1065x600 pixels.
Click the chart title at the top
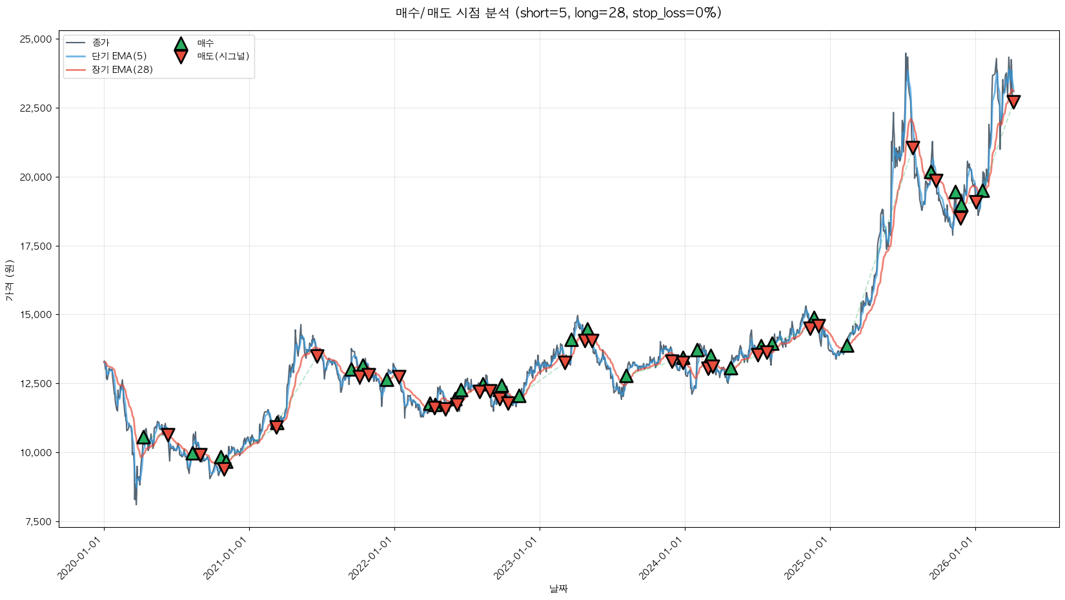pyautogui.click(x=558, y=13)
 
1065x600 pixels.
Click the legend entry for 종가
pyautogui.click(x=101, y=43)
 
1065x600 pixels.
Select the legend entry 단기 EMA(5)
pyautogui.click(x=119, y=56)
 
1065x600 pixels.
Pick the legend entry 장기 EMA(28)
pyautogui.click(x=122, y=70)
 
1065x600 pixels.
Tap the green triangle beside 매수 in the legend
pyautogui.click(x=181, y=44)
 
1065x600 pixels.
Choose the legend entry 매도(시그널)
pyautogui.click(x=223, y=56)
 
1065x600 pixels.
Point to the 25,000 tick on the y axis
pyautogui.click(x=35, y=39)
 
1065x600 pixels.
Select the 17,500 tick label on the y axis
pyautogui.click(x=35, y=246)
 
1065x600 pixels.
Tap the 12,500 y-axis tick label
pyautogui.click(x=35, y=384)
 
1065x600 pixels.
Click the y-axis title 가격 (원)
pyautogui.click(x=9, y=281)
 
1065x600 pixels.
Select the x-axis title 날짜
pyautogui.click(x=558, y=588)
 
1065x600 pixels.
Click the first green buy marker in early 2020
pyautogui.click(x=143, y=437)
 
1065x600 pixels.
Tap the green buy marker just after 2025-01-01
pyautogui.click(x=847, y=346)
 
